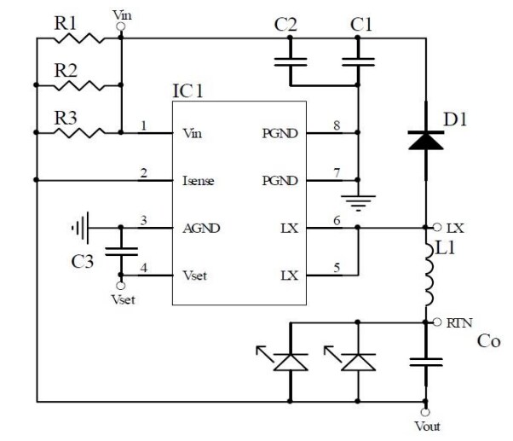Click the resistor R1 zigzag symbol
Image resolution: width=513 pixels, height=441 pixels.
click(78, 38)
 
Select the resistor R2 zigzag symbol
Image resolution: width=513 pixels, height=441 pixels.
click(78, 84)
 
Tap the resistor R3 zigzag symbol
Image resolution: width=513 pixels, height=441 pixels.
click(78, 131)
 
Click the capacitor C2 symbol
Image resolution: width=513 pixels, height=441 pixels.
click(291, 61)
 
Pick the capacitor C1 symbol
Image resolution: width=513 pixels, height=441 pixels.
click(358, 61)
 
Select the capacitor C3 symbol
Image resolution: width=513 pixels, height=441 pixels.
click(120, 252)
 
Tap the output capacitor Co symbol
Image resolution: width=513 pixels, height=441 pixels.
click(425, 362)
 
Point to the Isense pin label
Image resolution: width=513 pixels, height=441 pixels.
click(199, 181)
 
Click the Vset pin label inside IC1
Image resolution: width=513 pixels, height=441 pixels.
click(197, 275)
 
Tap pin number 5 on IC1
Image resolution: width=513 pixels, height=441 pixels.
click(337, 268)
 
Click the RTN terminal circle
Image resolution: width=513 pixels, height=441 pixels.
click(438, 322)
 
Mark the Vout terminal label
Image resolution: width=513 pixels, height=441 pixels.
click(427, 426)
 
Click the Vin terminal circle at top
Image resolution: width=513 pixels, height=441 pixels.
click(121, 26)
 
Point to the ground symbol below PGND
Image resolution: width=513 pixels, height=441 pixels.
click(359, 201)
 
